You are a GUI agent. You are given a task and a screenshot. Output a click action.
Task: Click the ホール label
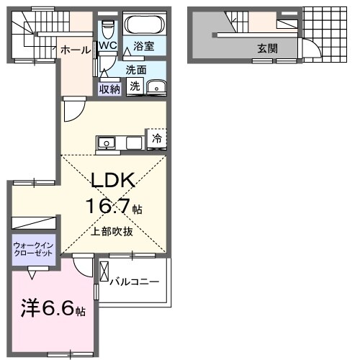pyautogui.click(x=76, y=50)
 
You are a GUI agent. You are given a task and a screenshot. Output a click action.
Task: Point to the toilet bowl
pyautogui.click(x=108, y=30)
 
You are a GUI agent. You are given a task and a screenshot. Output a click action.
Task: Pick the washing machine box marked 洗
pyautogui.click(x=135, y=86)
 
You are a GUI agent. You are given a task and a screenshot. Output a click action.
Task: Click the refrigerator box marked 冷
pyautogui.click(x=156, y=139)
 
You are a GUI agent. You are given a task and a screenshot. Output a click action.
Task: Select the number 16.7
pyautogui.click(x=109, y=207)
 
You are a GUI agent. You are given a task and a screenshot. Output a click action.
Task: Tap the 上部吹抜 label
pyautogui.click(x=112, y=233)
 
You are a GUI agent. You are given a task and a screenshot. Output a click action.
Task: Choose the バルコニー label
pyautogui.click(x=134, y=282)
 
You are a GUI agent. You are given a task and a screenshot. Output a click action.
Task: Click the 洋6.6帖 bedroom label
pyautogui.click(x=52, y=310)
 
